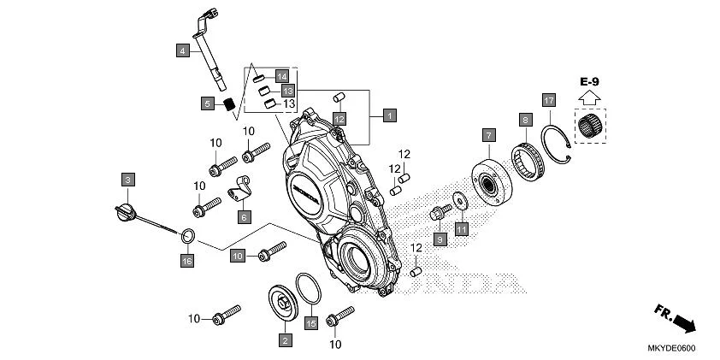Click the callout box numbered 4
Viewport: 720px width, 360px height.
182,50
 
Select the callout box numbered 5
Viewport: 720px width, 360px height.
207,104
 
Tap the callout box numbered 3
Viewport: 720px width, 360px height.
127,180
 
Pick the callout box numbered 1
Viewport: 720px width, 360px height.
389,115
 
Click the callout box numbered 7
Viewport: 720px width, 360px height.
488,135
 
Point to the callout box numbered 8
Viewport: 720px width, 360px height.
525,121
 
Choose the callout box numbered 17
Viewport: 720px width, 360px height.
548,100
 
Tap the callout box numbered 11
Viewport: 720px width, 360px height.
462,228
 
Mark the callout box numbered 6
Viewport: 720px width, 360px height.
244,217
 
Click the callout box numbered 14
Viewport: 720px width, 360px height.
282,76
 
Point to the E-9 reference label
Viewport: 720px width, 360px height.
588,81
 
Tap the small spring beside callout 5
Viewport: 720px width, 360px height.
228,104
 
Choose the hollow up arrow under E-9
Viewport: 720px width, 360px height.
587,99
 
